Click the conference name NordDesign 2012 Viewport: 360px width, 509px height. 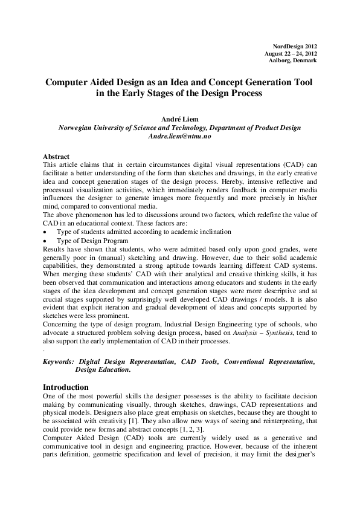[295, 46]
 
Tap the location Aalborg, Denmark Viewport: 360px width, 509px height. [293, 60]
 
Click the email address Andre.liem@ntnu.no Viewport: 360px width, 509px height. [179, 137]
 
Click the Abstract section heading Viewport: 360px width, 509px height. [57, 157]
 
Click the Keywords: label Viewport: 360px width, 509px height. [60, 361]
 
